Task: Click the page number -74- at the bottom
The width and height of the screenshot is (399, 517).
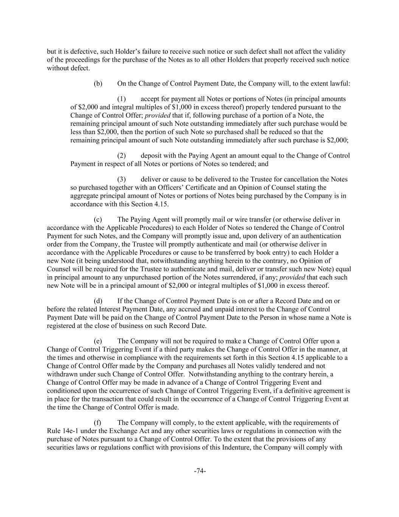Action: click(200, 471)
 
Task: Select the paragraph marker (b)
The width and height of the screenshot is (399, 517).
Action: click(98, 83)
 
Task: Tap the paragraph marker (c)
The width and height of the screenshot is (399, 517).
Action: click(98, 219)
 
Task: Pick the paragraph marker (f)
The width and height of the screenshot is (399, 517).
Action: click(98, 422)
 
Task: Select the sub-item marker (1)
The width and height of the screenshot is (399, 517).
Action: click(121, 99)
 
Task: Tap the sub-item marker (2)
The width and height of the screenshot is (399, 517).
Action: click(121, 156)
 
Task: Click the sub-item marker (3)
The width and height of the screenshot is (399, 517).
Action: click(121, 179)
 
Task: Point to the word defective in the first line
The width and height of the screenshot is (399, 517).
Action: click(81, 52)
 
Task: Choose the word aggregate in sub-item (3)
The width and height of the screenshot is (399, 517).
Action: click(85, 196)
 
